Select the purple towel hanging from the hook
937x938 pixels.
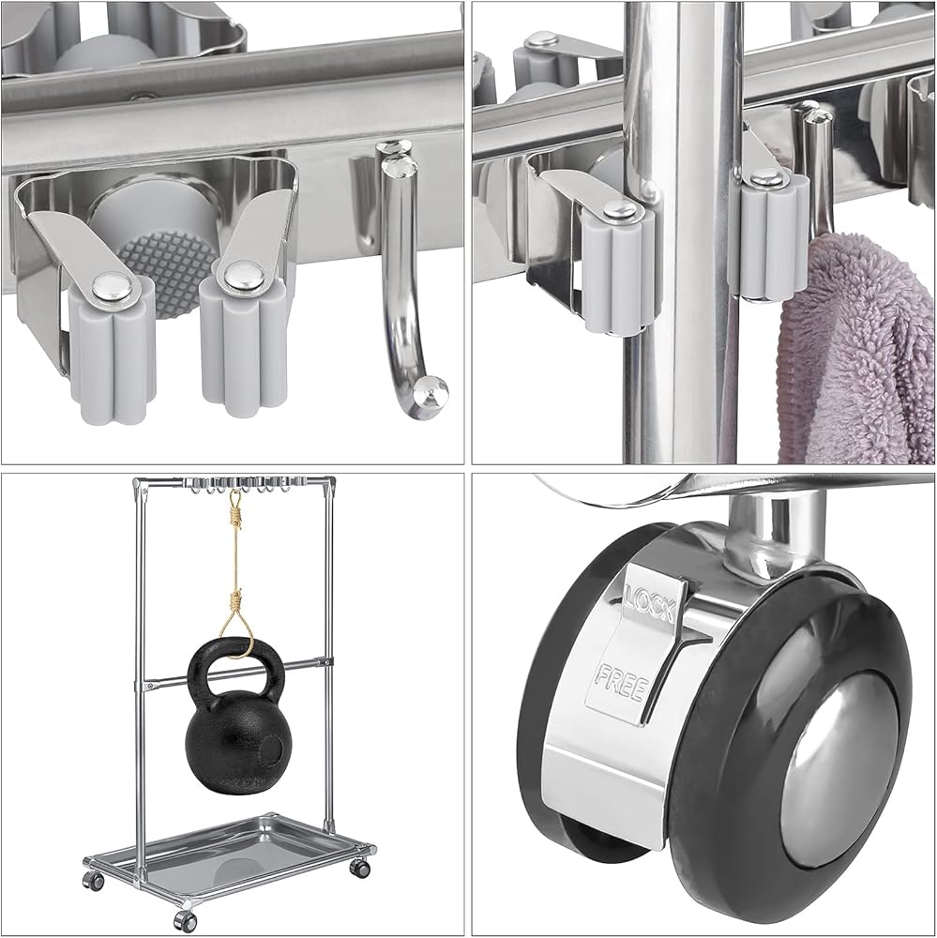point(855,347)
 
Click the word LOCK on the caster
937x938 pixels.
point(650,602)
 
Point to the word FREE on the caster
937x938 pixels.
point(621,683)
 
